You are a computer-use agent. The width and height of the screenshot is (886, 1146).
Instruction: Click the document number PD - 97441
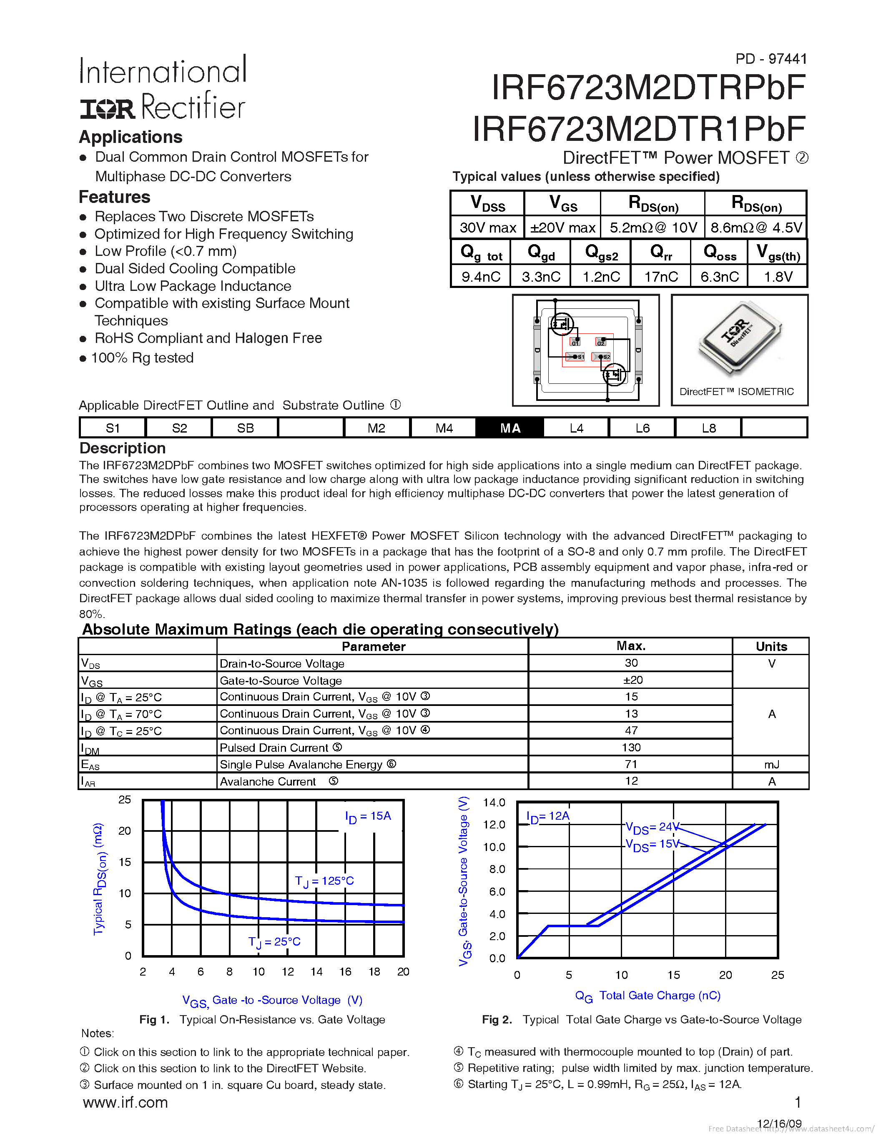[x=771, y=59]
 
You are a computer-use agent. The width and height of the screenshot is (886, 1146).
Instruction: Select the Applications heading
[x=131, y=137]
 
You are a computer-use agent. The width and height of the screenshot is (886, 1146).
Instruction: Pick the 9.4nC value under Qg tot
[x=481, y=277]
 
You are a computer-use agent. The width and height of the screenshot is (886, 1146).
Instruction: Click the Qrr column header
[x=661, y=253]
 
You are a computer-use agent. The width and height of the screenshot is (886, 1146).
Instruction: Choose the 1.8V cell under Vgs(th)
[x=778, y=277]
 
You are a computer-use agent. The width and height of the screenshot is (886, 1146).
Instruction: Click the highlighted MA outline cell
[x=510, y=428]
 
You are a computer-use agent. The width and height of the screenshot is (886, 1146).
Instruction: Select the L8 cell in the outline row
[x=708, y=428]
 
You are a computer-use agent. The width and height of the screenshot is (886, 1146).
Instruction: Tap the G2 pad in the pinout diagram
[x=601, y=342]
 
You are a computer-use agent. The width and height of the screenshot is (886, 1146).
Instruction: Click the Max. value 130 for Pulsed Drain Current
[x=631, y=747]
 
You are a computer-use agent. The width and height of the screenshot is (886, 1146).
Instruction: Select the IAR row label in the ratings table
[x=88, y=782]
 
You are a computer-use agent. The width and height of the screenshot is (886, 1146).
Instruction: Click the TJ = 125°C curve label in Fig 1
[x=324, y=881]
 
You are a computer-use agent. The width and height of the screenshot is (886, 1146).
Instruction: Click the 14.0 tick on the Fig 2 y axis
[x=494, y=802]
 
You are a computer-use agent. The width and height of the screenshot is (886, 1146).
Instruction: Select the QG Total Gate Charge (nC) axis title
[x=648, y=996]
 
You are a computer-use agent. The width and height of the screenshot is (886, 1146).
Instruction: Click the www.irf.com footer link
[x=125, y=1102]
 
